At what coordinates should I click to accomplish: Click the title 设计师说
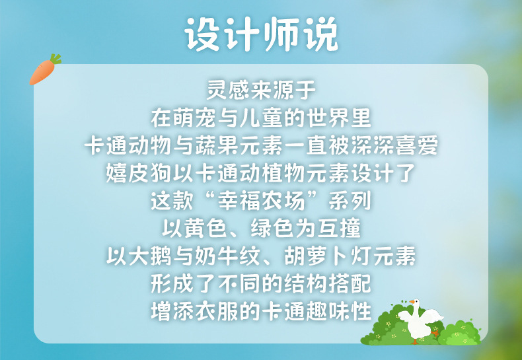coord(262,34)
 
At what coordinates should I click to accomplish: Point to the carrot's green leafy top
coord(56,59)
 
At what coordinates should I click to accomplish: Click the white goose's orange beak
coord(412,302)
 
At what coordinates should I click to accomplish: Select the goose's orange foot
coord(434,333)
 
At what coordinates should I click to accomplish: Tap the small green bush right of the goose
coord(459,333)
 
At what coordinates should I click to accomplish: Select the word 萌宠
coord(195,118)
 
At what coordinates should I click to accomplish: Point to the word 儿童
coord(262,118)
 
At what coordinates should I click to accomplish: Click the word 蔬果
coord(217,145)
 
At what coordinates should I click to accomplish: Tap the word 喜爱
coord(416,145)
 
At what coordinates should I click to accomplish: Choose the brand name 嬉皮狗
coord(139,173)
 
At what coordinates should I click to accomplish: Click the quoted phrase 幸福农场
coord(262,201)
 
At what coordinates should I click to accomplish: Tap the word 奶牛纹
coord(239,256)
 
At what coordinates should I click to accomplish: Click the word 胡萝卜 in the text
coord(317,256)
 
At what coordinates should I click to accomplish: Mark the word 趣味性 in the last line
coord(338,312)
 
